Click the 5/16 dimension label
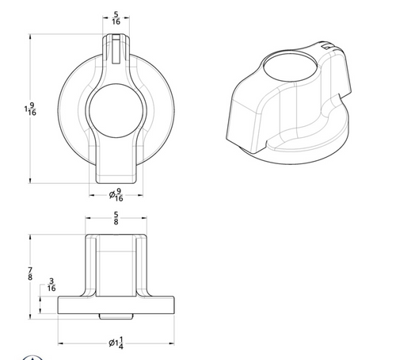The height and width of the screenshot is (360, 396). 116,17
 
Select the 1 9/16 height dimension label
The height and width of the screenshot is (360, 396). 30,109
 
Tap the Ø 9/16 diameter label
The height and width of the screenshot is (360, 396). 116,195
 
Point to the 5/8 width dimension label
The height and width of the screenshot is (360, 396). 116,218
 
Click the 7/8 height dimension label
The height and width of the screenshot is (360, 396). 30,274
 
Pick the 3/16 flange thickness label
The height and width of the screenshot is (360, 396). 51,285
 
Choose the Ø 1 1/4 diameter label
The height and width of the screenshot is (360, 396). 116,343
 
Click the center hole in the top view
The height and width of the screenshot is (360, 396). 116,111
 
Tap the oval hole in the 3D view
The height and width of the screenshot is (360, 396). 290,66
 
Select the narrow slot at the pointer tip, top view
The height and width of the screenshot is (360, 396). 116,49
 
